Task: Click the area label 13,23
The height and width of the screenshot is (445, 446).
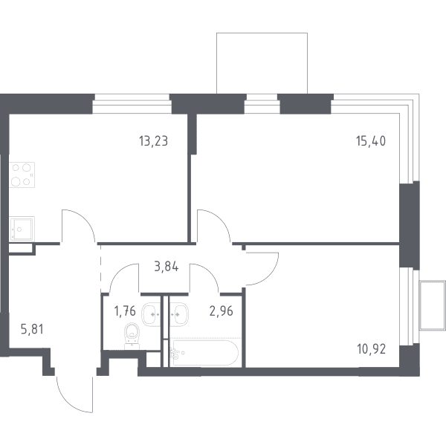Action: click(x=153, y=141)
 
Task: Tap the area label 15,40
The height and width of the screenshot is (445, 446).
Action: click(x=371, y=141)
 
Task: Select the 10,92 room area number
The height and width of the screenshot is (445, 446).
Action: click(x=371, y=349)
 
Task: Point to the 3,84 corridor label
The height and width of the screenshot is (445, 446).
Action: click(x=166, y=267)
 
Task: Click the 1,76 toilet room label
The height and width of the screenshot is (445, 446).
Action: click(x=125, y=311)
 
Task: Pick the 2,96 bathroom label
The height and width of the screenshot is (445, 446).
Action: click(x=221, y=311)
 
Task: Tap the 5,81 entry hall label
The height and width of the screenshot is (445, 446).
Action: click(x=32, y=329)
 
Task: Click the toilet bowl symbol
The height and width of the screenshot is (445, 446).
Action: click(x=132, y=335)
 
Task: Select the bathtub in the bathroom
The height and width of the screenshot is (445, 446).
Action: click(x=204, y=353)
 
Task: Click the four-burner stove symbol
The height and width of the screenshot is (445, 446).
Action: click(x=22, y=175)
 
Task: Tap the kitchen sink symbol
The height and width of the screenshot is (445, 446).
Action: click(x=22, y=229)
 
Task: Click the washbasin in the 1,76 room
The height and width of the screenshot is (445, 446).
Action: click(x=151, y=314)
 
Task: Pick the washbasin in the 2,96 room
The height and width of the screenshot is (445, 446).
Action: click(x=179, y=314)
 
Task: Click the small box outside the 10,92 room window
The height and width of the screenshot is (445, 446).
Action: click(x=433, y=305)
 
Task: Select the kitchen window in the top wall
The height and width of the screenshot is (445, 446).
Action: click(x=132, y=103)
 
